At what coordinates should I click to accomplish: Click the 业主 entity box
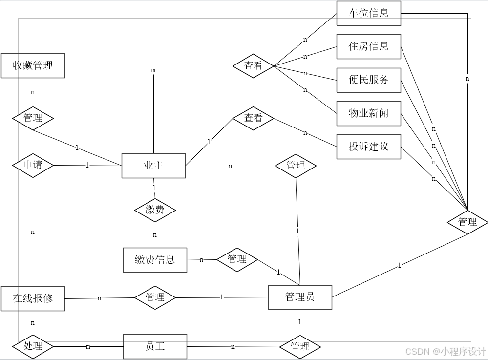[x=153, y=166]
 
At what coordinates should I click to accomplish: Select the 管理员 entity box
[x=300, y=296]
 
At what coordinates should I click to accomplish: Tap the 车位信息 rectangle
[x=368, y=13]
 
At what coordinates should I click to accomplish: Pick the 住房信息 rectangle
[x=368, y=46]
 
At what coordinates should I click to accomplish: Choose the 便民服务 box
[x=368, y=80]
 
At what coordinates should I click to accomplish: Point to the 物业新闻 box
[x=368, y=113]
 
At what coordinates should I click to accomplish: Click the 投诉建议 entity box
[x=368, y=147]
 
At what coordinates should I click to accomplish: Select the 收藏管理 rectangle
[x=33, y=65]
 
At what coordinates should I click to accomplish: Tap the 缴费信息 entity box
[x=155, y=260]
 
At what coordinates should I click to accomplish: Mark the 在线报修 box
[x=33, y=298]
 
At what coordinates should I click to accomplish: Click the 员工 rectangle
[x=155, y=346]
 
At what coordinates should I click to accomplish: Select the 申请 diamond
[x=33, y=165]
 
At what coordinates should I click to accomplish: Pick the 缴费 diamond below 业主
[x=155, y=210]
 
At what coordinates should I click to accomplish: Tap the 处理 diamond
[x=33, y=346]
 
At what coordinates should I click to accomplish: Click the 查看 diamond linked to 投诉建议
[x=253, y=118]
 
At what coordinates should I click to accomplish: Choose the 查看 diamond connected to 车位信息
[x=253, y=66]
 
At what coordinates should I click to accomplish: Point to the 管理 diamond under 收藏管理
[x=33, y=118]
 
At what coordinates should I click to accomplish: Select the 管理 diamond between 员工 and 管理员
[x=300, y=346]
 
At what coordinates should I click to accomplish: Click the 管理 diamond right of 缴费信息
[x=237, y=259]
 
